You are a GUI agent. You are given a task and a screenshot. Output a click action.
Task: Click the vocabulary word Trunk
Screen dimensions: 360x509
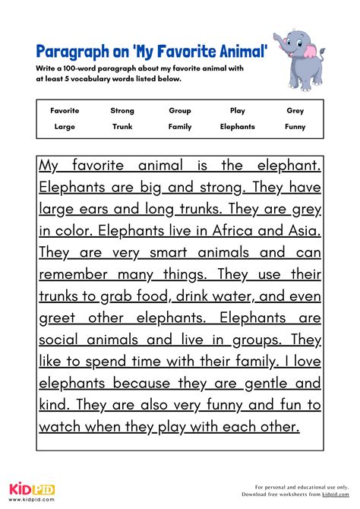tap(122, 127)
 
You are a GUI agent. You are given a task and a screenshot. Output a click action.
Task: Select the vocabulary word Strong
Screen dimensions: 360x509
tap(122, 111)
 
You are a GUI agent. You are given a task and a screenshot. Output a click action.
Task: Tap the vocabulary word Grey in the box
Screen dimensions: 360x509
tap(295, 111)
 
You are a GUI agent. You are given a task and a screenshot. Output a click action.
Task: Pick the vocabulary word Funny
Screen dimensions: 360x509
tap(295, 127)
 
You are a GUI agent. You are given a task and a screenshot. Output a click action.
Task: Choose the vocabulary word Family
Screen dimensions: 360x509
tap(180, 127)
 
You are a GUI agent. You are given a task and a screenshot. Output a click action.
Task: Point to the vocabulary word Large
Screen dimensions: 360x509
tap(65, 127)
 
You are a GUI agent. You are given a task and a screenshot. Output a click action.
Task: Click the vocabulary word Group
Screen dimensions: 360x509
tap(180, 111)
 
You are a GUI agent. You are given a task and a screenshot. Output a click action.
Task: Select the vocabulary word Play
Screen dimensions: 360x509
tap(238, 111)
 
